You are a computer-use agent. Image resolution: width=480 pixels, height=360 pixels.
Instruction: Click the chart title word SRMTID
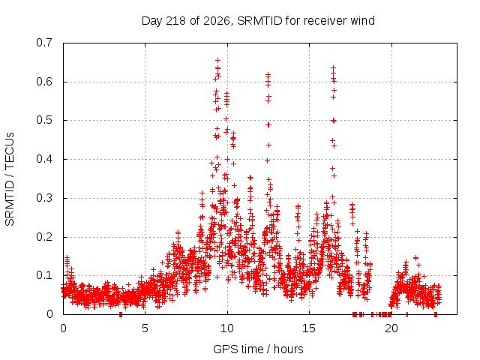pos(259,21)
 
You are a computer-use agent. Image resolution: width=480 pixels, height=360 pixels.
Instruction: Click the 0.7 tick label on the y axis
pos(44,43)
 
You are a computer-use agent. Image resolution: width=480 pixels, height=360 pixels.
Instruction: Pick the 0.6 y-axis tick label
pos(44,82)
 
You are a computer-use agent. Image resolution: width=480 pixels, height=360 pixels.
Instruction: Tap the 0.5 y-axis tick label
pos(44,120)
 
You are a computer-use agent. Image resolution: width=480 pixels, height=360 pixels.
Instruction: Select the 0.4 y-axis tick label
pos(44,159)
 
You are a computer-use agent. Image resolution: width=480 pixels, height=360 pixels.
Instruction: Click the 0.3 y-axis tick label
pos(44,198)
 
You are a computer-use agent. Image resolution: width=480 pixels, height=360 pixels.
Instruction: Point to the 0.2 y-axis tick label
pos(44,237)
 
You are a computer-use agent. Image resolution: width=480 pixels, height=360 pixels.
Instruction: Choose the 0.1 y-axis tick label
pos(44,275)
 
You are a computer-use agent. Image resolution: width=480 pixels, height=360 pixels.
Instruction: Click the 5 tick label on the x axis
pos(145,328)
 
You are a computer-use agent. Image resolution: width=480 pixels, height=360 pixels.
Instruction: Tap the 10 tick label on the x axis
pos(226,328)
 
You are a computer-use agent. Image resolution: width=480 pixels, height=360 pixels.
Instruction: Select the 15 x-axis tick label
pos(308,328)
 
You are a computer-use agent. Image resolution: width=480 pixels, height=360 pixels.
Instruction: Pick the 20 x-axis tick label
pos(391,328)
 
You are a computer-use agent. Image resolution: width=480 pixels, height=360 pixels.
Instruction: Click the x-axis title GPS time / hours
pos(258,349)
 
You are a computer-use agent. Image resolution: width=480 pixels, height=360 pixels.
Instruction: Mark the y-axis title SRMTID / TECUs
pos(10,179)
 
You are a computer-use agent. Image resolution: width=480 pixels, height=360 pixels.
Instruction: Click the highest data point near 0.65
pos(218,60)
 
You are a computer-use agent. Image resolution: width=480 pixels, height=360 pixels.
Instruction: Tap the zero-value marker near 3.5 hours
pos(121,314)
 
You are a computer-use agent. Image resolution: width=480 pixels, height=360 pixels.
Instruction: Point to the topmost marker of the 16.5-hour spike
pos(333,67)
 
